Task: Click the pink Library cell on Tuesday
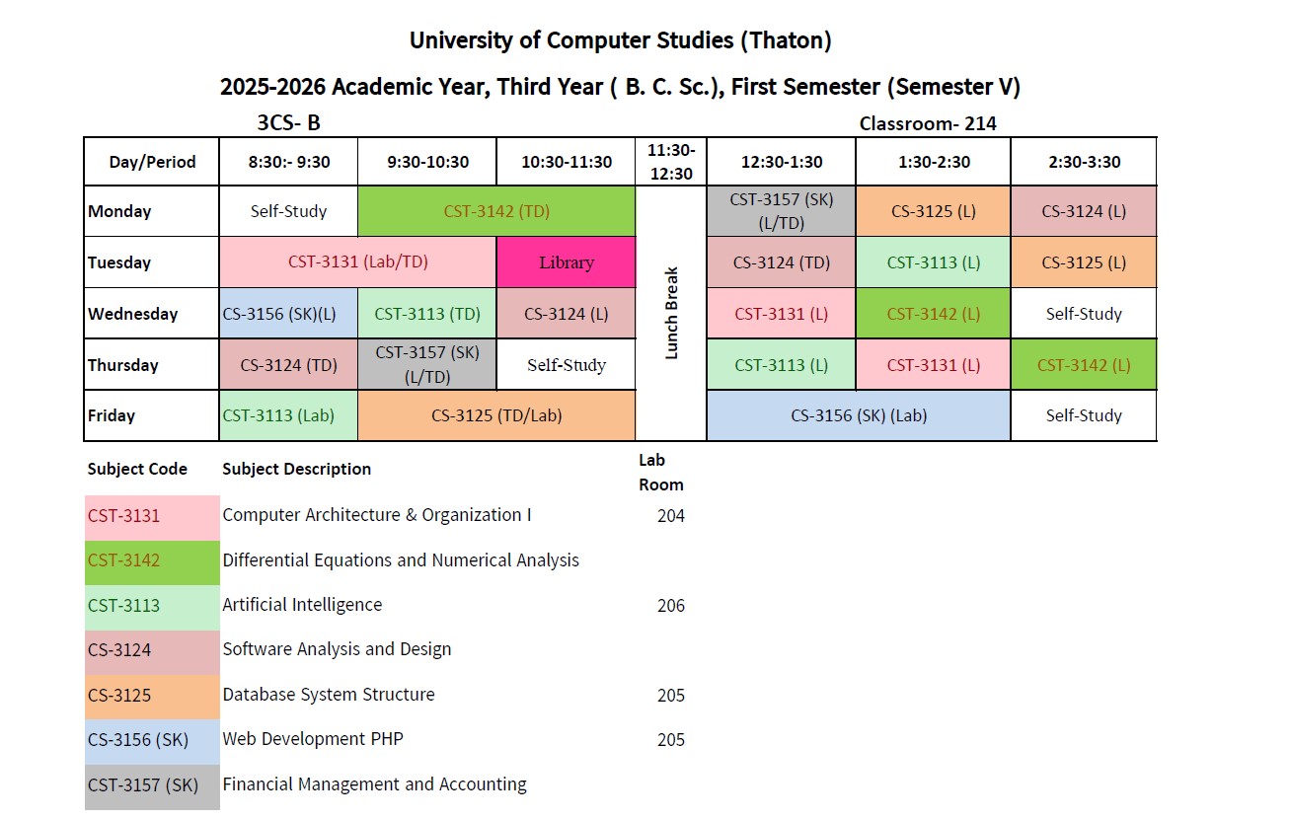pyautogui.click(x=567, y=262)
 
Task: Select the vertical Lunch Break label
pyautogui.click(x=672, y=313)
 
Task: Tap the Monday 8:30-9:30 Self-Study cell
pyautogui.click(x=288, y=211)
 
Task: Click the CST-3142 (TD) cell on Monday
pyautogui.click(x=496, y=211)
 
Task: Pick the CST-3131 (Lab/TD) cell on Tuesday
pyautogui.click(x=357, y=262)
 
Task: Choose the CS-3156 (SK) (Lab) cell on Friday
pyautogui.click(x=859, y=415)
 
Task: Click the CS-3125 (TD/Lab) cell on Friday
pyautogui.click(x=496, y=415)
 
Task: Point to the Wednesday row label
pyautogui.click(x=133, y=314)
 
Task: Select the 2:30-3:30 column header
pyautogui.click(x=1084, y=162)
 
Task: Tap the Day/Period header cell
pyautogui.click(x=152, y=162)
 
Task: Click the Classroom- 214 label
pyautogui.click(x=928, y=123)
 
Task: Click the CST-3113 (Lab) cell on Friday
pyautogui.click(x=288, y=415)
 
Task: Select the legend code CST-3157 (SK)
pyautogui.click(x=143, y=785)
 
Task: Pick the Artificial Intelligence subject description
pyautogui.click(x=302, y=605)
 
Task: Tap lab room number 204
pyautogui.click(x=671, y=515)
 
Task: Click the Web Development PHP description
pyautogui.click(x=313, y=739)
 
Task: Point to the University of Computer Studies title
pyautogui.click(x=620, y=40)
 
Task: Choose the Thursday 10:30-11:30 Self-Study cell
pyautogui.click(x=567, y=365)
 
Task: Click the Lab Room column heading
pyautogui.click(x=660, y=473)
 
